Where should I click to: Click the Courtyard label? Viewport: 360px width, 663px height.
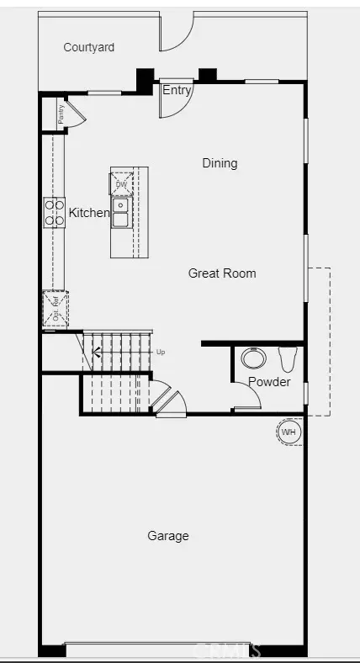coord(88,48)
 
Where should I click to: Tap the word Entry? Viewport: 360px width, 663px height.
coord(177,91)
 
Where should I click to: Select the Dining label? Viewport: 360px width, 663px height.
coord(220,163)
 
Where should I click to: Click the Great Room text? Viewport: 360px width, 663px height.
coord(222,273)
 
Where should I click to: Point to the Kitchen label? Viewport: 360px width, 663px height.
coord(89,213)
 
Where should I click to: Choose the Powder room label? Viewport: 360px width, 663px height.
coord(269,382)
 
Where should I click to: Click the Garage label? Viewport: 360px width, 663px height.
coord(168,536)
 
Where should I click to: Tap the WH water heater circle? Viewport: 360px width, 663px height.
coord(289,432)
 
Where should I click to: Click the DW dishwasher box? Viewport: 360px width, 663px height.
coord(120,184)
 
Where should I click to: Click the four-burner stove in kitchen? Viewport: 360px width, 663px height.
coord(55,212)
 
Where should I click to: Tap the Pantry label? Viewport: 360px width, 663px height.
coord(61,114)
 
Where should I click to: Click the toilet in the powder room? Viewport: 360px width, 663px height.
coord(288,359)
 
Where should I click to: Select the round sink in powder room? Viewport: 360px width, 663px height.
coord(253,358)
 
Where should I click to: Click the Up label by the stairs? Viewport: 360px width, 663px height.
coord(161,352)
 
